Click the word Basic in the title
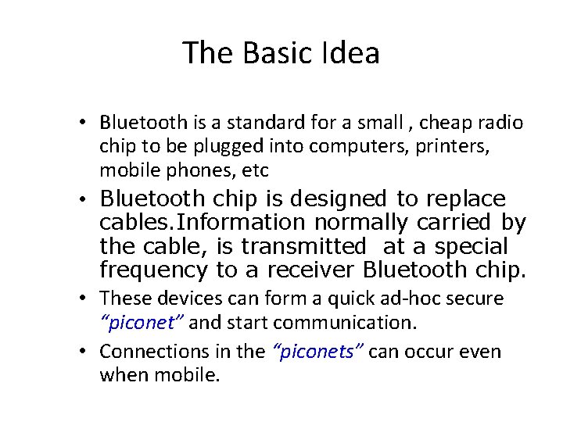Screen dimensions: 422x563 [x=277, y=53]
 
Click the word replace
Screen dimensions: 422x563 [x=466, y=198]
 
